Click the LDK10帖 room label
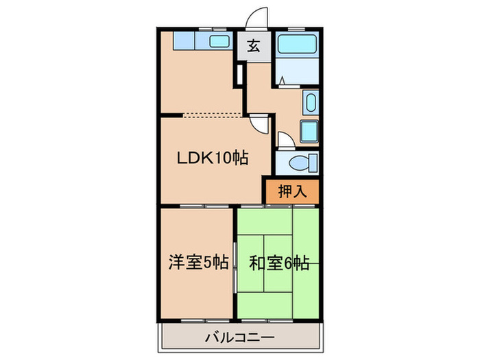click(x=213, y=158)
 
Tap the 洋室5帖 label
click(x=199, y=261)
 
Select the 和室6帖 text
click(x=278, y=261)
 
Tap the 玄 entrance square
click(x=254, y=47)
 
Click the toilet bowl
click(x=299, y=163)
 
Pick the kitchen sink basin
click(x=219, y=42)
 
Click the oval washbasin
click(x=310, y=105)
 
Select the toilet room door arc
click(x=287, y=139)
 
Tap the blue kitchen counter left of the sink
click(x=184, y=41)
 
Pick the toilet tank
click(x=313, y=163)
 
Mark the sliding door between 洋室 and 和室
click(x=235, y=261)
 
